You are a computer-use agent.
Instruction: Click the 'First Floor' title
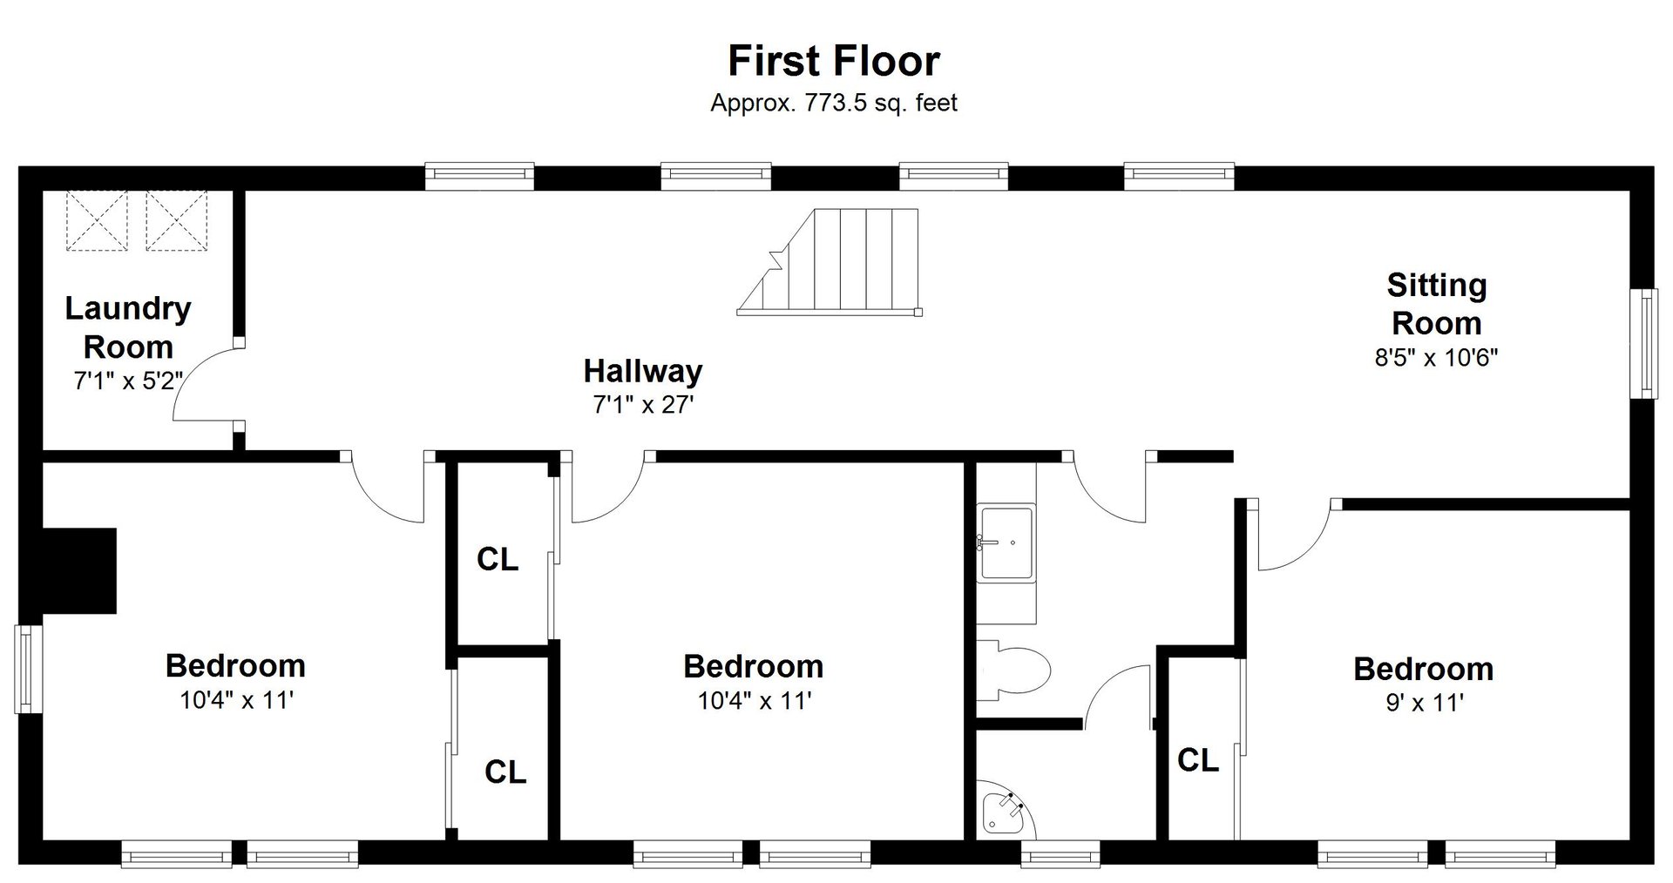[x=834, y=61]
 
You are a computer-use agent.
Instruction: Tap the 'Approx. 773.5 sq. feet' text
[x=834, y=103]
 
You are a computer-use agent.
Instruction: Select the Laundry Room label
[x=128, y=327]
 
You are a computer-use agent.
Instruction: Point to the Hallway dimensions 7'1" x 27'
[x=643, y=405]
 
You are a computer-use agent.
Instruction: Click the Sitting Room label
[x=1436, y=304]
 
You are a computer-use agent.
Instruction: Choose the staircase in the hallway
[x=830, y=261]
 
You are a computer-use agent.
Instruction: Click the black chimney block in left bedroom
[x=79, y=570]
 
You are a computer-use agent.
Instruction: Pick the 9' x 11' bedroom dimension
[x=1424, y=703]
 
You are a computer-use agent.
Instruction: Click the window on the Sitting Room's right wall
[x=1644, y=344]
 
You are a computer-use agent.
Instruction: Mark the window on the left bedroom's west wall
[x=28, y=670]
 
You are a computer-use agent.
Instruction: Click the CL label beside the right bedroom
[x=1197, y=760]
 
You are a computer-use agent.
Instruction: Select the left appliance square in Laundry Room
[x=97, y=221]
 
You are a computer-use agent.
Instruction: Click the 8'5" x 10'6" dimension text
[x=1436, y=358]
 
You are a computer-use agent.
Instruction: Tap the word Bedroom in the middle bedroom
[x=753, y=666]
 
